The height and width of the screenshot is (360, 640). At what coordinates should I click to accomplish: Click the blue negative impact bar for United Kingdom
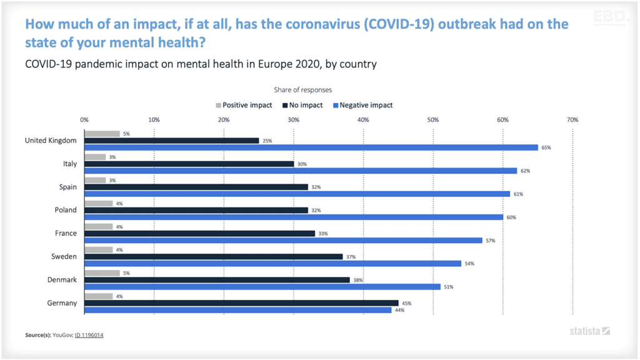coord(311,147)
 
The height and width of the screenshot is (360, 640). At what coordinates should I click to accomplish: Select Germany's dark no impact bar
coord(241,303)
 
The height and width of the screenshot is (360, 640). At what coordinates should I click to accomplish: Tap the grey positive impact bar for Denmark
coord(102,272)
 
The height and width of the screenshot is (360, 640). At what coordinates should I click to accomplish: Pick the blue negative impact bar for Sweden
coord(272,263)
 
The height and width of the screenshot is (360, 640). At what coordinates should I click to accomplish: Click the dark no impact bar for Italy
coord(189,164)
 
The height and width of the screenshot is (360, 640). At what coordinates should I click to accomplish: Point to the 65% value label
coord(546,148)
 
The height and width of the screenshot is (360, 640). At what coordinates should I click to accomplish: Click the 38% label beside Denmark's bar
coord(357,280)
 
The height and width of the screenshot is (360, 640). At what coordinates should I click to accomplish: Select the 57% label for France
coord(491,241)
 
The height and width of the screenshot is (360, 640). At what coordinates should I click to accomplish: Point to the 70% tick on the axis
coord(572,119)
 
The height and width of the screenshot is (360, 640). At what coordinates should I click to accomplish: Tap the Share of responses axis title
coord(302,90)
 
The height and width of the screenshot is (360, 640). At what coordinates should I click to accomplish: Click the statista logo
coord(589,331)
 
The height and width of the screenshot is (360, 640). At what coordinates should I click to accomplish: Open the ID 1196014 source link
coord(89,335)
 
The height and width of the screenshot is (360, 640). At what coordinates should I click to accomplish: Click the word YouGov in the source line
coord(62,335)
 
